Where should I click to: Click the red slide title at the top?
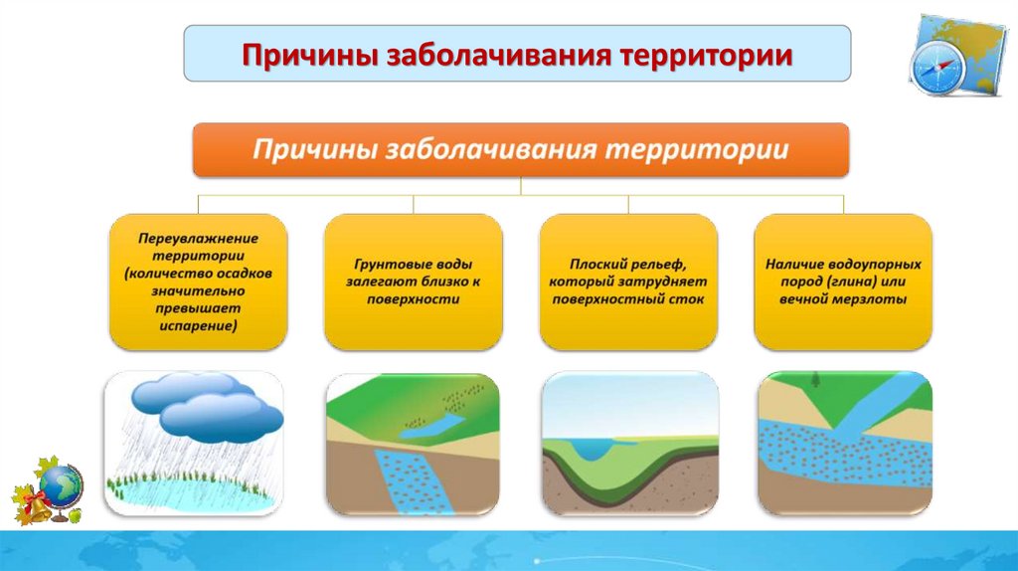click(517, 55)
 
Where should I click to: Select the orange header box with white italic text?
click(521, 150)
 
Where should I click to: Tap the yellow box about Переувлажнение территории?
click(198, 282)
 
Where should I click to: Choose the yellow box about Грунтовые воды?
click(413, 282)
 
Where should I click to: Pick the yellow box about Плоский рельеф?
click(628, 282)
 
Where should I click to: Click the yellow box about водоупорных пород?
click(843, 282)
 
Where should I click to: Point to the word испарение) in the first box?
click(198, 326)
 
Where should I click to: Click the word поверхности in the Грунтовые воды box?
click(413, 299)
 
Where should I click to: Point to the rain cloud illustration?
click(207, 407)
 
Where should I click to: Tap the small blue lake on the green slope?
click(431, 426)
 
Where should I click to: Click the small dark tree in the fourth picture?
click(815, 380)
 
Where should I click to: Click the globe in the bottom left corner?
click(61, 487)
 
